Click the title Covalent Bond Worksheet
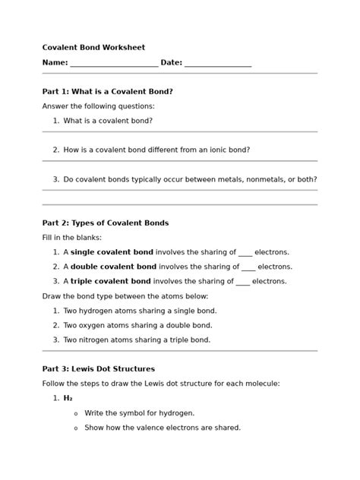pos(93,47)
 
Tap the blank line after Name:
pos(114,63)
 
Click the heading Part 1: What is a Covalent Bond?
pos(107,92)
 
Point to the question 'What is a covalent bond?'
pos(108,121)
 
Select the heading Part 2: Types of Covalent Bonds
pos(106,223)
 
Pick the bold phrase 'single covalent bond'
pos(112,252)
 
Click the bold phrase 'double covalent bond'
pos(113,267)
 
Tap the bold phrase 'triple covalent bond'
pos(111,281)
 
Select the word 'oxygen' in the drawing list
pos(96,325)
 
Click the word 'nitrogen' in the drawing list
pos(99,339)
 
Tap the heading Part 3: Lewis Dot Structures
pos(99,369)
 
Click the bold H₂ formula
pos(68,398)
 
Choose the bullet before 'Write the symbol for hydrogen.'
pos(75,413)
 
